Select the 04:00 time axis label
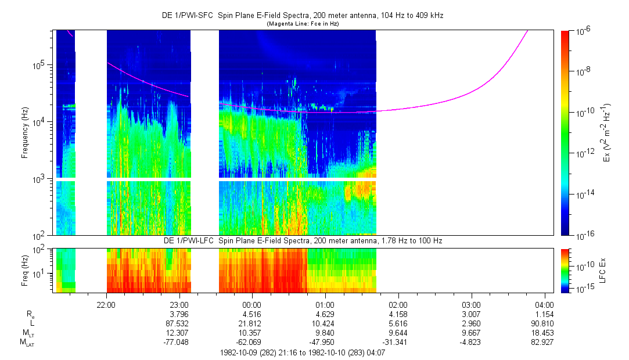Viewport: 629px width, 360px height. pyautogui.click(x=544, y=304)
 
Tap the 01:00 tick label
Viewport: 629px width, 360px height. pyautogui.click(x=325, y=304)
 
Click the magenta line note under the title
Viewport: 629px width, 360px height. pyautogui.click(x=302, y=24)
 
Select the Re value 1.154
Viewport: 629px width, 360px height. pyautogui.click(x=544, y=314)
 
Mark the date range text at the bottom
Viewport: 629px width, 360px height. pyautogui.click(x=302, y=352)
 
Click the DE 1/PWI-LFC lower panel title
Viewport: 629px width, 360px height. pyautogui.click(x=302, y=240)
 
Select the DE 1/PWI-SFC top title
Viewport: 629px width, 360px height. pyautogui.click(x=302, y=16)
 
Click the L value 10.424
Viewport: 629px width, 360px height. pyautogui.click(x=324, y=324)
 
